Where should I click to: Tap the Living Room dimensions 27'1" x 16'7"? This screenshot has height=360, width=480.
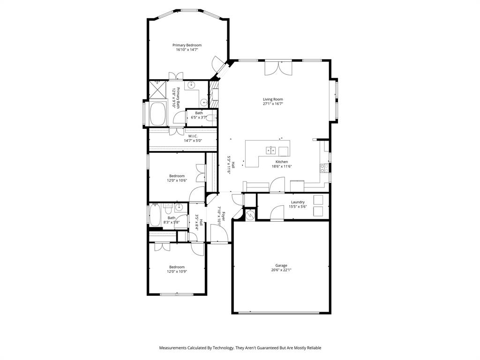point(272,104)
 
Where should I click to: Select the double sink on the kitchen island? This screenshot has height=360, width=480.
point(270,150)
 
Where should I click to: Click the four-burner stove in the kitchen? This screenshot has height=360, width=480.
point(324,168)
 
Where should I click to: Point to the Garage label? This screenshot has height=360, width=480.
point(281,265)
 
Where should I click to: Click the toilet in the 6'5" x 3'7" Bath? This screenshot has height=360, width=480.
point(210,118)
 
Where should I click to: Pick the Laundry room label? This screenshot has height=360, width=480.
point(298,202)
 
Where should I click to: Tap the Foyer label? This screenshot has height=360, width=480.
point(224,216)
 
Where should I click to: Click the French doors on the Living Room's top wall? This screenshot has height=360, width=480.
point(278,68)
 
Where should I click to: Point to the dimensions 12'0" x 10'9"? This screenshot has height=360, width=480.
point(177,271)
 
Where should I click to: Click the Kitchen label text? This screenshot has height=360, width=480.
point(281,162)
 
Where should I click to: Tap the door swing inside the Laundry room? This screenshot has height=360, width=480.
point(277,214)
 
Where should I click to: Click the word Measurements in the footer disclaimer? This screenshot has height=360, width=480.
point(175,348)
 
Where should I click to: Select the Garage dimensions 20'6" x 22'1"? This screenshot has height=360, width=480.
point(281,270)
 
